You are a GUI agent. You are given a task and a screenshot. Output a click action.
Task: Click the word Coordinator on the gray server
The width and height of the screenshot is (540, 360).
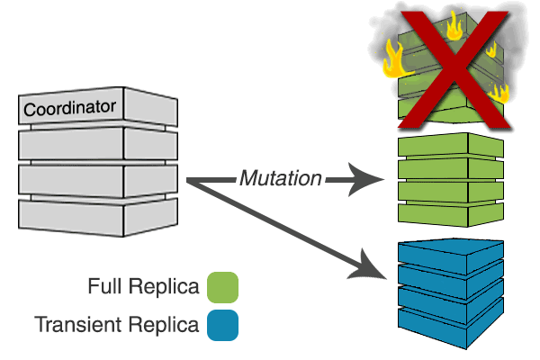70,108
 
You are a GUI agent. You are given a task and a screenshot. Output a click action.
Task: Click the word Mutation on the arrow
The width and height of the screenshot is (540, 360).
281,178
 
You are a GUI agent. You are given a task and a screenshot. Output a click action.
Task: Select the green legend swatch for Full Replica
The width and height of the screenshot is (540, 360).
222,288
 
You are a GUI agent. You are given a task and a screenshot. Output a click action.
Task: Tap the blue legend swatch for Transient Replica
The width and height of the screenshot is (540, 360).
222,324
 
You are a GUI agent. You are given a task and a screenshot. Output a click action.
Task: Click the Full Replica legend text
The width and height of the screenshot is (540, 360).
144,288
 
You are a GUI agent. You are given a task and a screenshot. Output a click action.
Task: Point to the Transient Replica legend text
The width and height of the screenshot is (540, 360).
117,324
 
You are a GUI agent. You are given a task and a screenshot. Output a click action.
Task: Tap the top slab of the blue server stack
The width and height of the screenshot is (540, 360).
450,255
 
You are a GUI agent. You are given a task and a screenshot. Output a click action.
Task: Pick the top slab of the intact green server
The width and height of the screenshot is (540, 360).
450,147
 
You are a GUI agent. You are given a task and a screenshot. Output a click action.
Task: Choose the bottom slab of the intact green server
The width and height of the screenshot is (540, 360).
450,212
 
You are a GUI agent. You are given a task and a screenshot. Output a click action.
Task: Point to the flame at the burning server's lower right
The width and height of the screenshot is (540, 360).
498,92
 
